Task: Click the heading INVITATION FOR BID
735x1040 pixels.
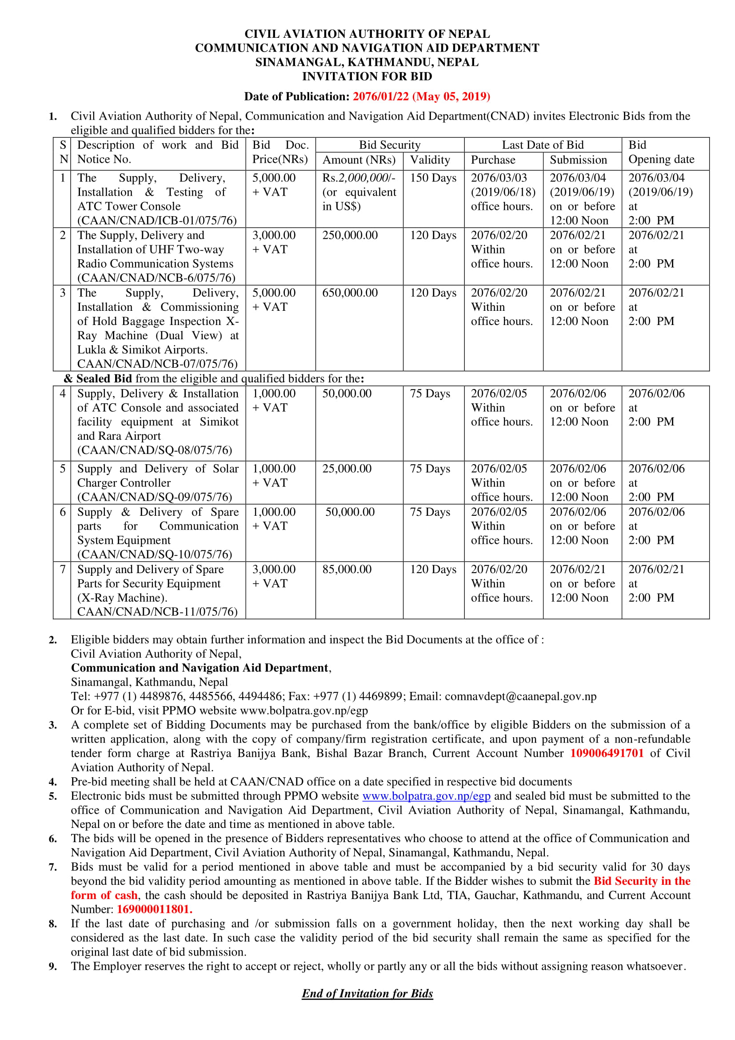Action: [x=367, y=76]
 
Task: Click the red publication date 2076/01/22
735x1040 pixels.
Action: [x=381, y=96]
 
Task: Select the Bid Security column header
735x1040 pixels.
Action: [x=390, y=145]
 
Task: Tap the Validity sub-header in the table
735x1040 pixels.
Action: [x=430, y=160]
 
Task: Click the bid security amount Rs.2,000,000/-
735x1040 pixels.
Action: [x=359, y=178]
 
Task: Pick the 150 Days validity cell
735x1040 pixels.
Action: [x=433, y=178]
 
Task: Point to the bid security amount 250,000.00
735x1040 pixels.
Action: [x=350, y=236]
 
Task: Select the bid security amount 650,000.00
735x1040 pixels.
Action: [x=350, y=293]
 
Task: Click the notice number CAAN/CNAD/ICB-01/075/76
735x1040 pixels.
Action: [x=157, y=221]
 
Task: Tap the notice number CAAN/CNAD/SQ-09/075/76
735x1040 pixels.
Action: [x=155, y=498]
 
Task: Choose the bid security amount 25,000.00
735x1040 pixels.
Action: [x=347, y=469]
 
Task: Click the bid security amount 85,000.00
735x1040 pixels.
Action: [x=347, y=570]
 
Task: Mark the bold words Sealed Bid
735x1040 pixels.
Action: [x=104, y=379]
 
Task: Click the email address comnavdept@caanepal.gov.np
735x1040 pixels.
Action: [x=520, y=697]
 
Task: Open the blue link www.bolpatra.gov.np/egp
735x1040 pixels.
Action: [x=426, y=796]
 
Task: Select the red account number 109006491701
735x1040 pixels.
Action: [x=607, y=753]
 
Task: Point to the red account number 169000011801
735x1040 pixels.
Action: [x=154, y=909]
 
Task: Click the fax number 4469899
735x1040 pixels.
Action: [x=377, y=697]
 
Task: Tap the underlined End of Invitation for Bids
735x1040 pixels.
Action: [x=367, y=994]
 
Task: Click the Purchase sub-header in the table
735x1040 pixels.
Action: [x=493, y=160]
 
